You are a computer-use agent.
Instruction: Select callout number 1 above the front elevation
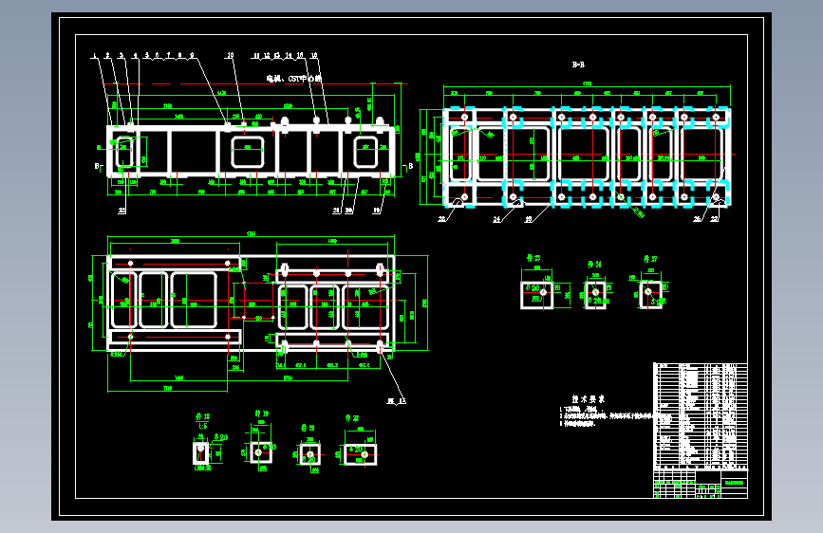[97, 56]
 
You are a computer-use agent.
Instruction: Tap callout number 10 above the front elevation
[230, 56]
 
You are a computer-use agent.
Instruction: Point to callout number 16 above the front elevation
[314, 56]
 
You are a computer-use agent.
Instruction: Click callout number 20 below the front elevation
[348, 211]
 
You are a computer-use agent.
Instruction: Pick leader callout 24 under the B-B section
[496, 219]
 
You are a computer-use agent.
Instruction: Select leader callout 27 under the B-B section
[715, 219]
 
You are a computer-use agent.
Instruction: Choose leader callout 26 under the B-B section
[699, 219]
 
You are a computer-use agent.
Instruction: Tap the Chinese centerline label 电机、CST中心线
[294, 79]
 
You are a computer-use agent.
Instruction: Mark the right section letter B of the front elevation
[410, 165]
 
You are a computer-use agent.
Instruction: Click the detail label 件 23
[534, 257]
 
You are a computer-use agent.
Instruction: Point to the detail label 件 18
[201, 416]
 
